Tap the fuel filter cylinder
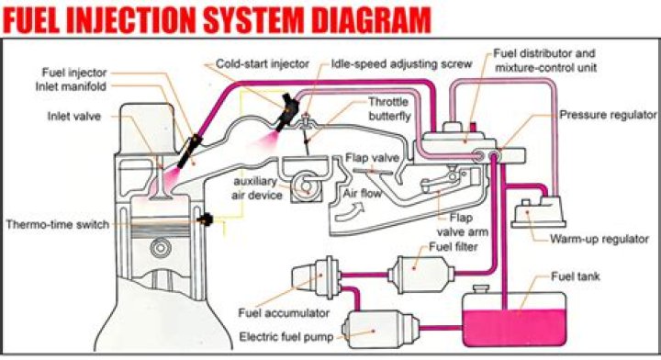417,273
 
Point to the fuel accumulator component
317,276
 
